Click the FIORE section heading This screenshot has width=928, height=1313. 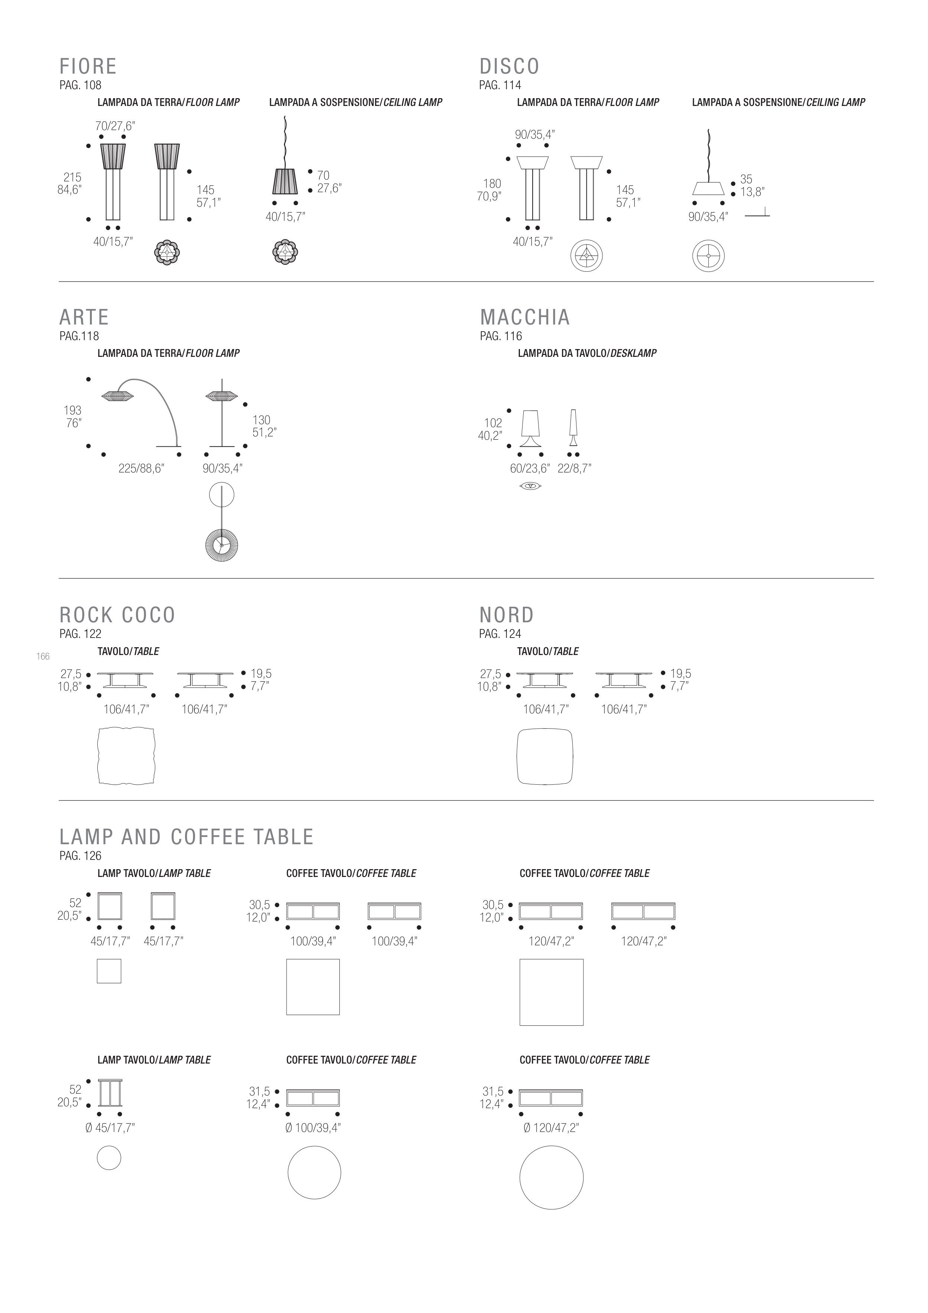point(88,67)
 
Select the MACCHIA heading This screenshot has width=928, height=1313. point(525,317)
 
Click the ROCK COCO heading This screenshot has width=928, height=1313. point(117,615)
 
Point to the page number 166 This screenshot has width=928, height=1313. point(43,656)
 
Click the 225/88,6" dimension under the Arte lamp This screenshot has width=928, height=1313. point(141,469)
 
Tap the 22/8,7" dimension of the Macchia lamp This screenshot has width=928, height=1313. point(574,469)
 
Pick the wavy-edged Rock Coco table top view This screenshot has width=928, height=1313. point(126,756)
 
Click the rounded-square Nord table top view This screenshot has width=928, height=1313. point(545,756)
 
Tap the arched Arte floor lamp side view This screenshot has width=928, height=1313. point(143,412)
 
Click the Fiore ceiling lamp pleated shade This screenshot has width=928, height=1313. point(284,181)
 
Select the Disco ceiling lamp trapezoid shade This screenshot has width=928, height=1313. point(708,188)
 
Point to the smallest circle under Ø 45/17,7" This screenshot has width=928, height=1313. point(109,1159)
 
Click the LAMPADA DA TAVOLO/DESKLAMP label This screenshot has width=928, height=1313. point(587,354)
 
